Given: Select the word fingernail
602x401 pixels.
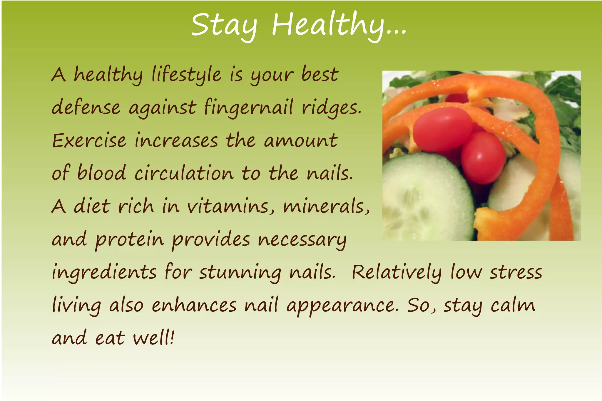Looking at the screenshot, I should click(x=248, y=108).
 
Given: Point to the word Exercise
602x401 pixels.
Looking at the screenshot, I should click(x=89, y=140).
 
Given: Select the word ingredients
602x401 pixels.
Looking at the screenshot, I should click(x=104, y=273).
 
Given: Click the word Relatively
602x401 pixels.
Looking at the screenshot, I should click(x=397, y=273).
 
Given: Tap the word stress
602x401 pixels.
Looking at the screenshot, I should click(x=516, y=273).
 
